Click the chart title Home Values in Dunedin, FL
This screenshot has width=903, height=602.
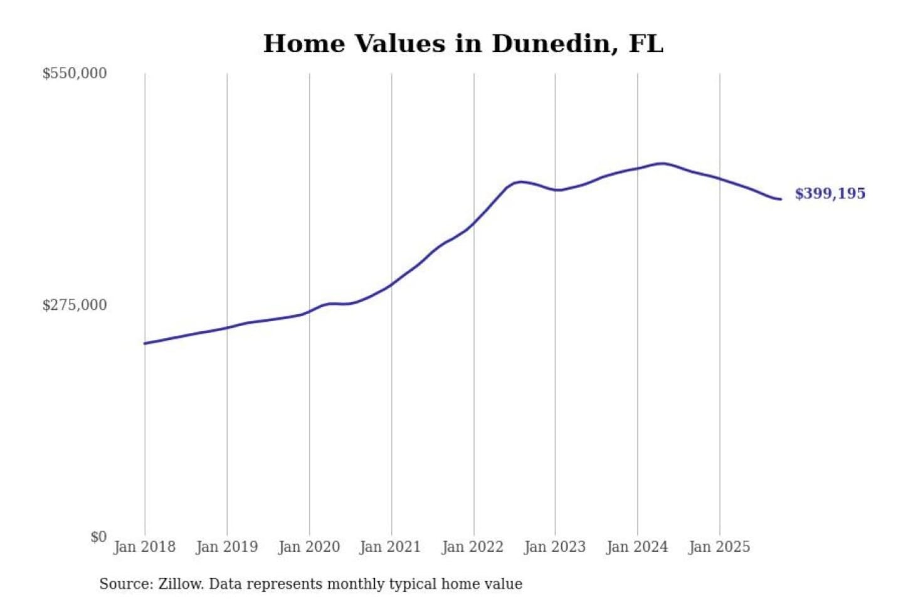pyautogui.click(x=463, y=43)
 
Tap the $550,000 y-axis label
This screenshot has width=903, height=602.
pyautogui.click(x=75, y=73)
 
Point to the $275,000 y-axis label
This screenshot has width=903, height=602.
pyautogui.click(x=75, y=305)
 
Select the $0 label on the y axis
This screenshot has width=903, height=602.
pyautogui.click(x=98, y=537)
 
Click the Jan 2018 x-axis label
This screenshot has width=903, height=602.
pyautogui.click(x=144, y=547)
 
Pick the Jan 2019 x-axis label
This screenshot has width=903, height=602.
pyautogui.click(x=226, y=547)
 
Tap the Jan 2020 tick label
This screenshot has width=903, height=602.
pyautogui.click(x=309, y=547)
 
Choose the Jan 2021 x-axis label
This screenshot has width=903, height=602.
pyautogui.click(x=390, y=547)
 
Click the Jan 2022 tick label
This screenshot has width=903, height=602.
pyautogui.click(x=472, y=547)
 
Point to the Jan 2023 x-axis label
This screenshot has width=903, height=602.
pyautogui.click(x=554, y=547)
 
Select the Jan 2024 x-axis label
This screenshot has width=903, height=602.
pyautogui.click(x=636, y=547)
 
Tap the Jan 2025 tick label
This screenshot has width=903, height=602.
pyautogui.click(x=719, y=547)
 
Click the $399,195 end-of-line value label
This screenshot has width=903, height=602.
pyautogui.click(x=830, y=193)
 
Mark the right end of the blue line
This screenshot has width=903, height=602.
pyautogui.click(x=781, y=199)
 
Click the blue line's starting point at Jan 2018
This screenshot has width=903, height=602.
pyautogui.click(x=145, y=343)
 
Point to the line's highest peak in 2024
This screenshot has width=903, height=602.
pyautogui.click(x=662, y=163)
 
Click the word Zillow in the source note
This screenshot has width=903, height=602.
pyautogui.click(x=181, y=584)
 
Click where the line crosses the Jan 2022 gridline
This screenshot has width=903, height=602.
pyautogui.click(x=474, y=223)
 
